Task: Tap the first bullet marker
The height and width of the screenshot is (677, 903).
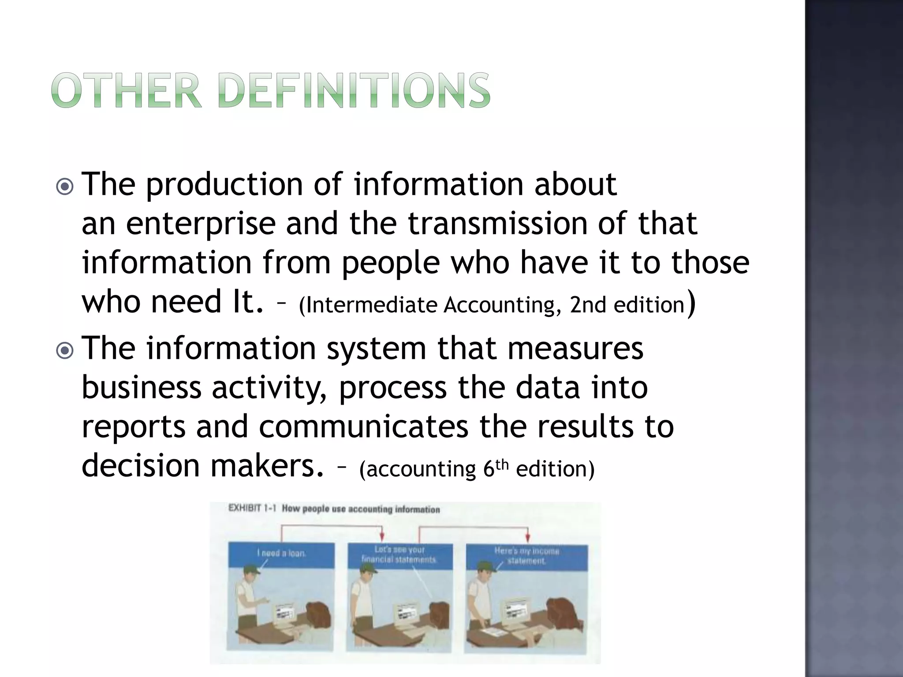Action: pos(65,187)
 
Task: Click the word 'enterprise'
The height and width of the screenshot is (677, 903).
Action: pos(201,224)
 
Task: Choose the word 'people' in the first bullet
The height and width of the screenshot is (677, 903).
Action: pos(391,263)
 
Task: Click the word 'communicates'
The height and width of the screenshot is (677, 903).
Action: pos(363,428)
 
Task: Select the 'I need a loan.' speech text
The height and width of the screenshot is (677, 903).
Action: pos(281,553)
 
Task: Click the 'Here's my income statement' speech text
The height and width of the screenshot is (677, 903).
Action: pos(526,556)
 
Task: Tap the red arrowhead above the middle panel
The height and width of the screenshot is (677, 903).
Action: pos(382,537)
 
